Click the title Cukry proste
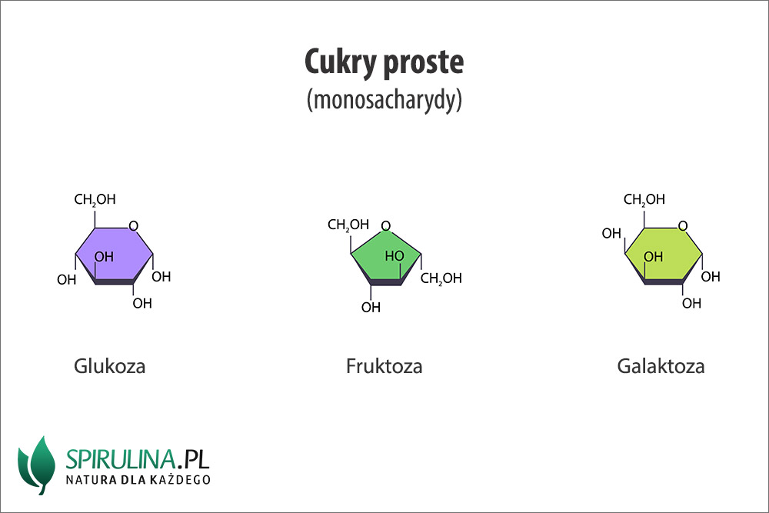pos(384,62)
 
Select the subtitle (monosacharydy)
pos(384,101)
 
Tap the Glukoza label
pos(109,366)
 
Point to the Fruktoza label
pos(384,366)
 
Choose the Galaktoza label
pos(661,366)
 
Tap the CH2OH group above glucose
pos(95,200)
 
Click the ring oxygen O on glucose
pos(133,226)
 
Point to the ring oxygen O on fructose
pos(385,226)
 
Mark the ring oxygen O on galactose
pos(682,226)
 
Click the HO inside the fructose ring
pos(394,255)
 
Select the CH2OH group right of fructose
pos(441,278)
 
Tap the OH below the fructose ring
pos(371,308)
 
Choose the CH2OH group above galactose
pos(644,200)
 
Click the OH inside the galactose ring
pos(653,257)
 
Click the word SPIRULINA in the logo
pos(119,459)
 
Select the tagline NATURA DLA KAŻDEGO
pos(138,481)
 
